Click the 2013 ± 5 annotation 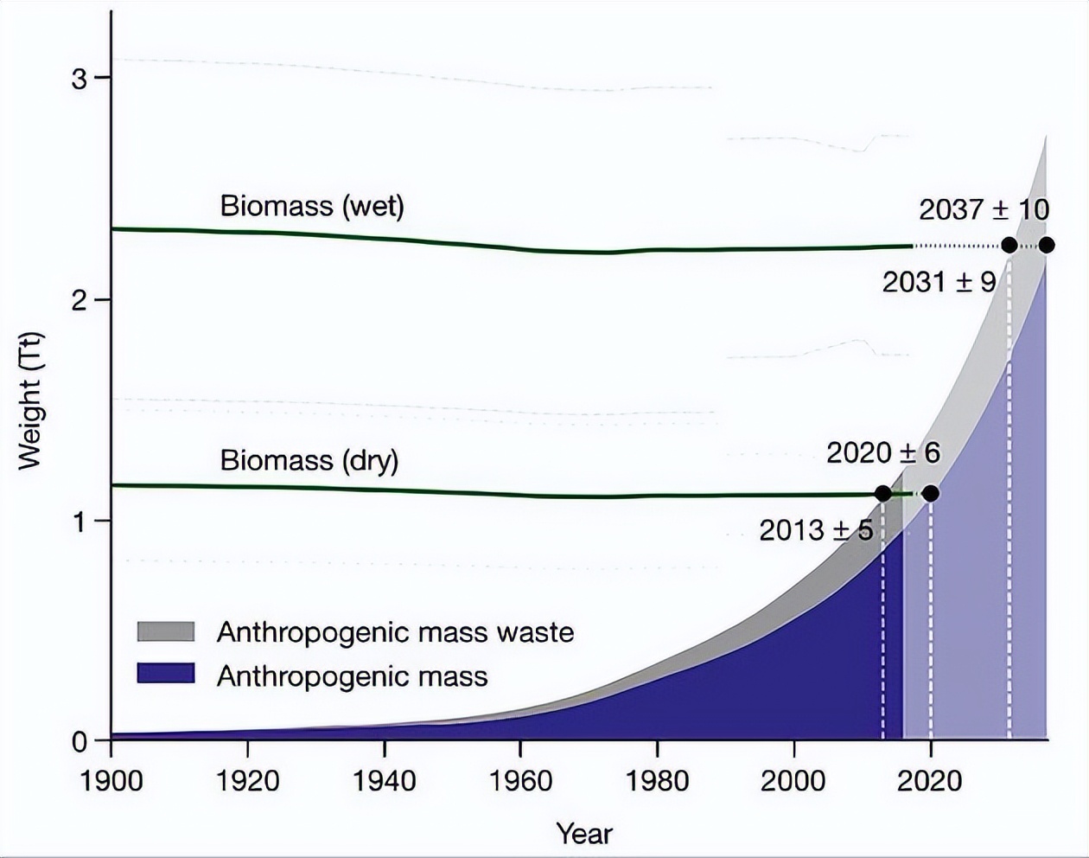click(816, 530)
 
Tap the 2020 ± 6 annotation click(882, 452)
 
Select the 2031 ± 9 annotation click(939, 281)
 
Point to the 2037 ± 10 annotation click(984, 209)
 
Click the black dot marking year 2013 click(882, 494)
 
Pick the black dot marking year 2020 click(930, 494)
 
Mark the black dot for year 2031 click(1009, 246)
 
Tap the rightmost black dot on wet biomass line click(1046, 246)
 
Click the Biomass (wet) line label click(312, 206)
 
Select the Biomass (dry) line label click(309, 459)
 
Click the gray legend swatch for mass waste click(166, 631)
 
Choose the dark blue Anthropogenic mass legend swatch click(166, 674)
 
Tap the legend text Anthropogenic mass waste click(395, 632)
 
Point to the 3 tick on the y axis click(80, 78)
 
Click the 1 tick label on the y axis click(80, 521)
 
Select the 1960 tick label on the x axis click(520, 781)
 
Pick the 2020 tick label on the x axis click(930, 781)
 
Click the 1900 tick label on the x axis click(111, 781)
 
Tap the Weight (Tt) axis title click(31, 400)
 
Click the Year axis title click(584, 834)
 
